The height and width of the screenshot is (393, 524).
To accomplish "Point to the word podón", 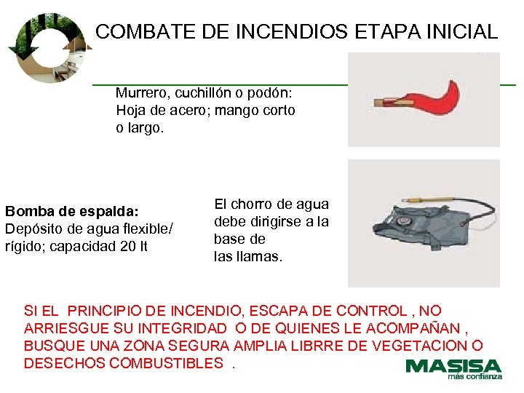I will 271,93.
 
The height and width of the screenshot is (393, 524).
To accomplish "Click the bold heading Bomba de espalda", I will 71,211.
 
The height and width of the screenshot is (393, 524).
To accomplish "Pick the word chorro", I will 253,205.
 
